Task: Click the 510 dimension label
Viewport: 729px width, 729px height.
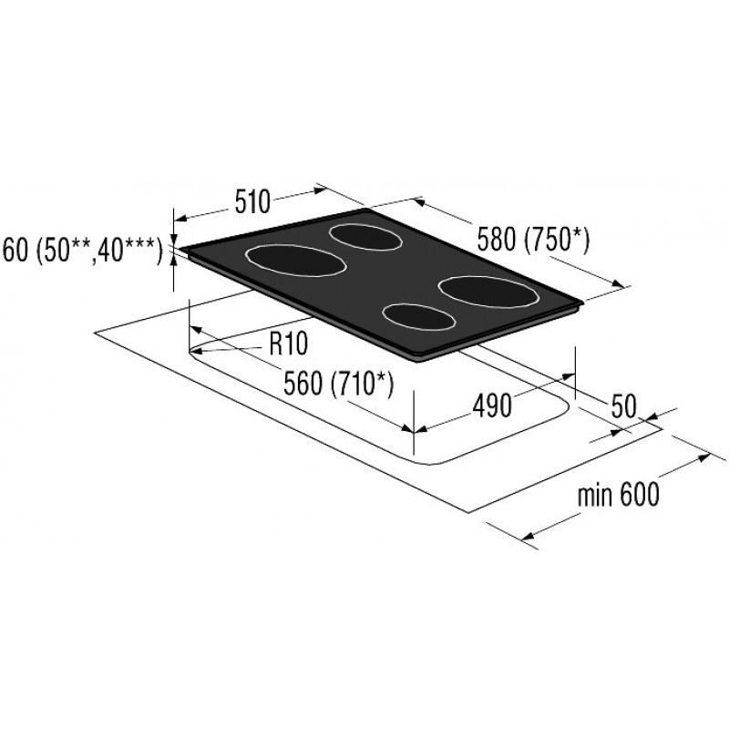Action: [x=252, y=202]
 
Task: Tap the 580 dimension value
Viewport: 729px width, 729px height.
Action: [x=497, y=241]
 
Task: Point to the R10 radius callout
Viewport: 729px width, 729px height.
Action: [x=288, y=344]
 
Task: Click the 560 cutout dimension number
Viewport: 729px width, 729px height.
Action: [x=303, y=384]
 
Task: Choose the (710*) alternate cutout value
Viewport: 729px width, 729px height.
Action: [x=362, y=385]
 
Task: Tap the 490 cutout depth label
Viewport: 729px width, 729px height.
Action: [x=492, y=406]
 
